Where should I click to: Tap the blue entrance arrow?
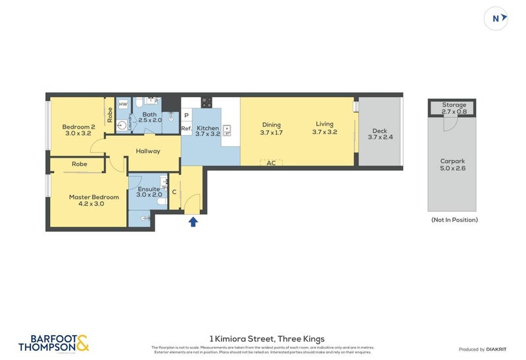pos(193,221)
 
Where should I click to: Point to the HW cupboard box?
pos(123,104)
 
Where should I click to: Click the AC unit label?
pos(271,163)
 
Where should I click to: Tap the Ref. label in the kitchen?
pos(186,129)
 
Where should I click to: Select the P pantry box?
pos(186,115)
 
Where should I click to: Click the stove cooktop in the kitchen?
pos(206,102)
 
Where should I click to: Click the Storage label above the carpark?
pos(454,105)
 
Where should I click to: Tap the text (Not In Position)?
pos(454,219)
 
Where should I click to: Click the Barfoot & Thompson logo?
pos(53,342)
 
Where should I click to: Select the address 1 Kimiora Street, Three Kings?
pos(266,338)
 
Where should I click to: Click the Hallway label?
pos(148,151)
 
